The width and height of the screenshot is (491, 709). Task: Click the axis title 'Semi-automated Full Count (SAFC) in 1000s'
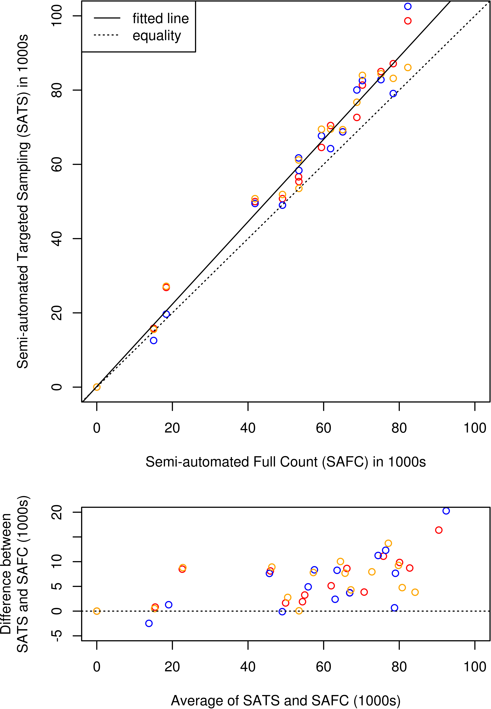(x=285, y=462)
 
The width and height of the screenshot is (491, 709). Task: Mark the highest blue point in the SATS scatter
(x=408, y=6)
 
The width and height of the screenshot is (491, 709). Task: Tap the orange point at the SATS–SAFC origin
(x=97, y=387)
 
